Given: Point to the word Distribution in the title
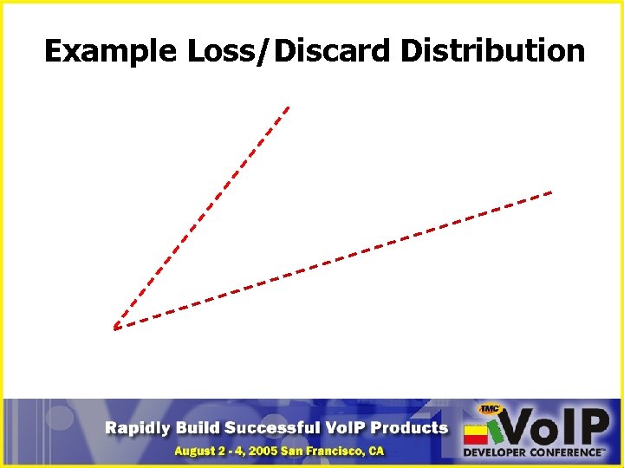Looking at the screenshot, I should tap(492, 51).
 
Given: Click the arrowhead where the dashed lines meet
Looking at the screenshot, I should tap(115, 327).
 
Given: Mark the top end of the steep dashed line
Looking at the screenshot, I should tap(287, 107).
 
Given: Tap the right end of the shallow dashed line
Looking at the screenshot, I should tap(550, 192).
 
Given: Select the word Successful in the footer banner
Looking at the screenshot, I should tap(272, 427).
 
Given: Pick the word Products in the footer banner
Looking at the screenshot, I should tap(411, 427).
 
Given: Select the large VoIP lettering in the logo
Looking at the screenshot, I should tap(555, 427).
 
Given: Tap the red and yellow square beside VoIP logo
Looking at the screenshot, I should tap(476, 433).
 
